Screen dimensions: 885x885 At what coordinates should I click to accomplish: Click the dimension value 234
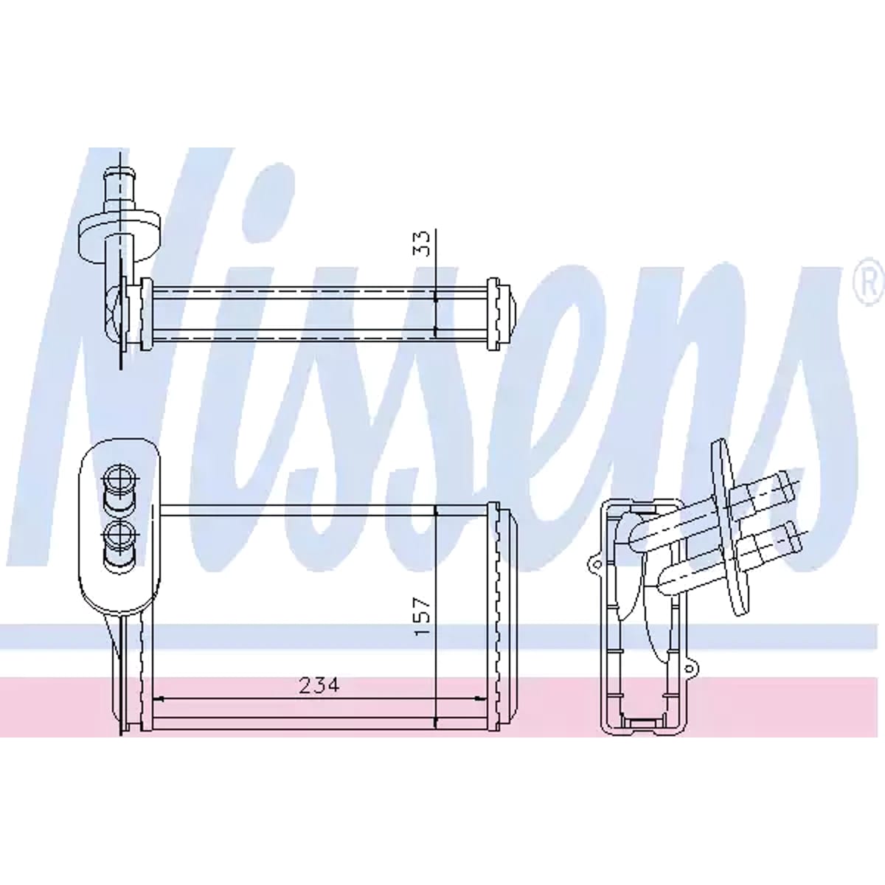(x=319, y=685)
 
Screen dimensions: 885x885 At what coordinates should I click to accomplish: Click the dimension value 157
(x=423, y=617)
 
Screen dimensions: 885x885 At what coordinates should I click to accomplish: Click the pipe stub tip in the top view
(x=119, y=177)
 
